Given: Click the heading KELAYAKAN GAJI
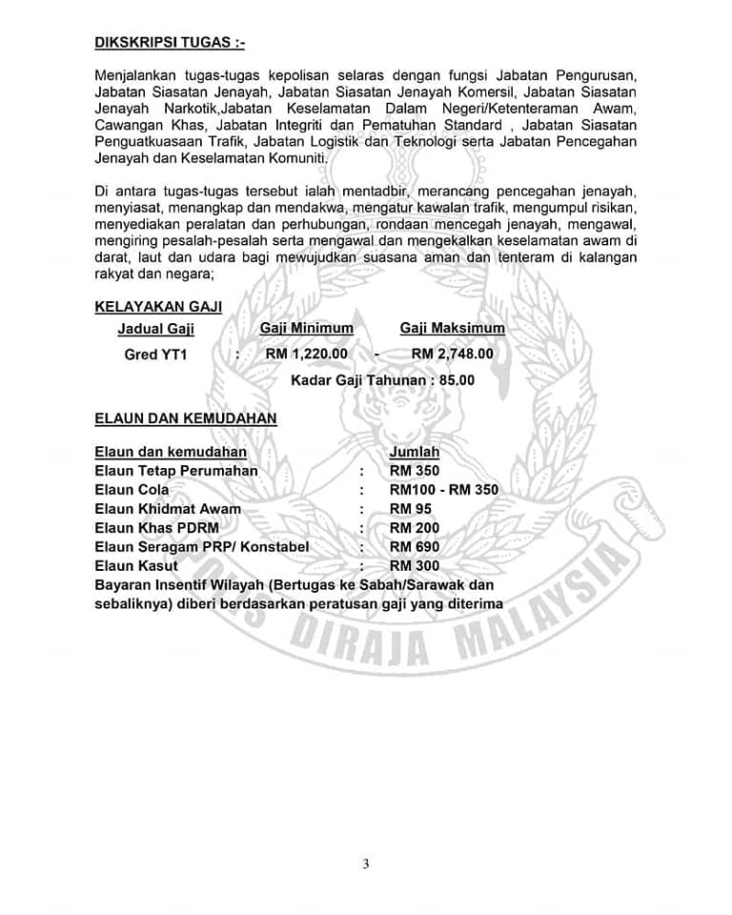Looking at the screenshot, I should coord(158,306).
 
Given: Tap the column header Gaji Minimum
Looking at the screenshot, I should coord(306,328).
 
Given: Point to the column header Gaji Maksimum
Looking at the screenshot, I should coord(452,328).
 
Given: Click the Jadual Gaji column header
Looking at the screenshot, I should coord(155,329).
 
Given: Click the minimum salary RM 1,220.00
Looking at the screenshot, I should coord(306,354).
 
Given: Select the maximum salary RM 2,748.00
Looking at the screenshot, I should coord(452,354).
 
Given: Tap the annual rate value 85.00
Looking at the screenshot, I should coord(457,379).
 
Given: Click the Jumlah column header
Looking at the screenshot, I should coord(415,452).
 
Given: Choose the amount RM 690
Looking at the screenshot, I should coord(415,547).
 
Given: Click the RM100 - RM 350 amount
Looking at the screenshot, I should coord(443,490).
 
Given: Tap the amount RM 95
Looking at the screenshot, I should coord(411,509).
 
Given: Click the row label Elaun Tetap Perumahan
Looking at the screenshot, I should coord(176,471).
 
